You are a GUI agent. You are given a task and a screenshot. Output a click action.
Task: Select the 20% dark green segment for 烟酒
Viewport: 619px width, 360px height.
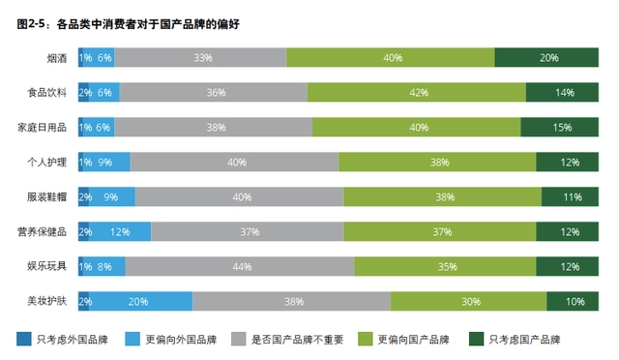tap(547, 58)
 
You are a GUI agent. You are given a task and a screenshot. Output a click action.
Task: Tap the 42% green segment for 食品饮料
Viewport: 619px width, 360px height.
tap(417, 93)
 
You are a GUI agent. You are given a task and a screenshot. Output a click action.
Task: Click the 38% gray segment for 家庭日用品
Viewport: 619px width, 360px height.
tap(216, 128)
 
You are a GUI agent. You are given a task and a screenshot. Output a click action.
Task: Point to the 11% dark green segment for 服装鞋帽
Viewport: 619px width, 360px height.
tap(571, 197)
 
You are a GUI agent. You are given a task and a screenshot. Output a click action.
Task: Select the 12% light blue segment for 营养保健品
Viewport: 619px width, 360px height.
tap(121, 232)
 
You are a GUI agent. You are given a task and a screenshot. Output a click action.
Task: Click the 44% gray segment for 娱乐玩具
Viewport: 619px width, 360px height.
tap(240, 266)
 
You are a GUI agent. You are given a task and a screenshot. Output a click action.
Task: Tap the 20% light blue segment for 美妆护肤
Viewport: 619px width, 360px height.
tap(137, 301)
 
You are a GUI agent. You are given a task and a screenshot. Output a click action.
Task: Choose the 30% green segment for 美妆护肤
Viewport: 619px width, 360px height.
tap(469, 301)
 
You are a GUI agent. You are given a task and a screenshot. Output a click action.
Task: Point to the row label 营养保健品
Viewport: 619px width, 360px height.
tap(42, 232)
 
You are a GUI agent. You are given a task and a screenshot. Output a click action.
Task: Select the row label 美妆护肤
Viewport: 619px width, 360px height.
tap(47, 301)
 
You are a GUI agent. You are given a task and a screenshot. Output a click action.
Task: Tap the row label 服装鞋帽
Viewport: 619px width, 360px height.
tap(47, 197)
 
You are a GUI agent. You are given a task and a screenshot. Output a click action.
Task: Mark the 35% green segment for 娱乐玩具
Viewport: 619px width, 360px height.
tap(448, 266)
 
